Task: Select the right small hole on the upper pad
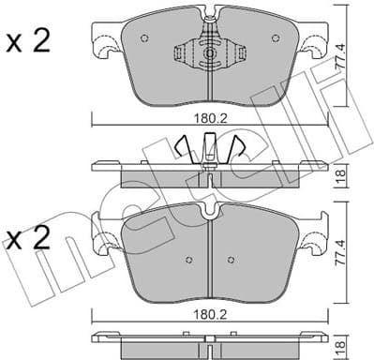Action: (x=274, y=38)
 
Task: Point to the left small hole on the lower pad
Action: (x=188, y=260)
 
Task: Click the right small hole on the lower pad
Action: (x=229, y=260)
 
